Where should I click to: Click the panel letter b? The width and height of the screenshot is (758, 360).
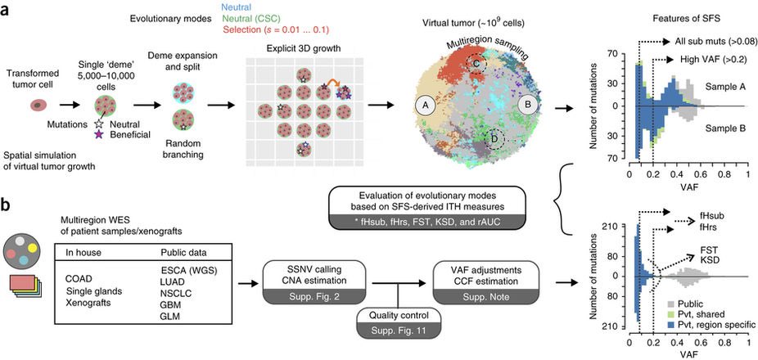(x=7, y=207)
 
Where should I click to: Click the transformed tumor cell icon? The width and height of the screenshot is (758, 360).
(x=38, y=105)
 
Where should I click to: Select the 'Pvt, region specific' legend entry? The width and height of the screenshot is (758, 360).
(x=711, y=326)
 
